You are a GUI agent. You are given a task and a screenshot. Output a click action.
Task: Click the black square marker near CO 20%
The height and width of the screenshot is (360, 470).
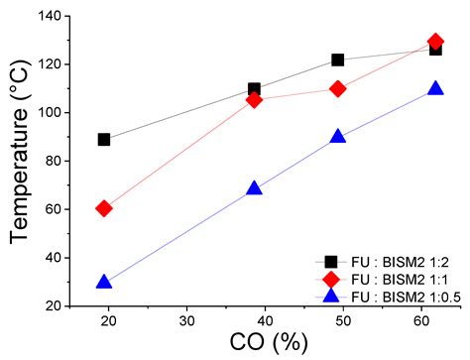coord(104,140)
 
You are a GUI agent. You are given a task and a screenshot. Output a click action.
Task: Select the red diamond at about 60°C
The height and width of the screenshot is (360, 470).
coord(104,208)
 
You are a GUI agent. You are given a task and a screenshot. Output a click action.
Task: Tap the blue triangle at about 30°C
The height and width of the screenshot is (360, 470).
coord(104,282)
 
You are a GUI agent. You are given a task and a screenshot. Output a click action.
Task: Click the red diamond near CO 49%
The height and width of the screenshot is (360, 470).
coord(338,88)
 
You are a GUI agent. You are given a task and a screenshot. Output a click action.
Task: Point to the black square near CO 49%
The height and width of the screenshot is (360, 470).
coord(338,60)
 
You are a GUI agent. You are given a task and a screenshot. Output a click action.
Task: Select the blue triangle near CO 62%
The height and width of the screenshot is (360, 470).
coord(435,88)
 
